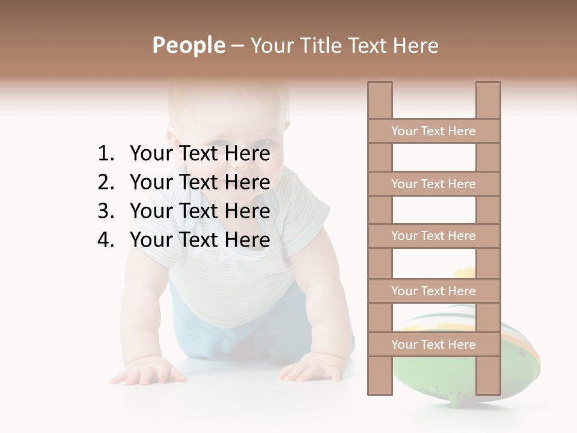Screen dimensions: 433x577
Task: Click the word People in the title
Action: tap(188, 45)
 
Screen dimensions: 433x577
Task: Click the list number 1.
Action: tap(105, 154)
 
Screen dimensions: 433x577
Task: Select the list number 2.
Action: tap(105, 182)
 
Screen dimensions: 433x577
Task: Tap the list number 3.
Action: tap(105, 211)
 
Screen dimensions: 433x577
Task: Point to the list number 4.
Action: tap(105, 240)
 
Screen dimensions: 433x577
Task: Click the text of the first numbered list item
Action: tap(200, 154)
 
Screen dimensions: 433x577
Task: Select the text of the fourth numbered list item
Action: tap(200, 240)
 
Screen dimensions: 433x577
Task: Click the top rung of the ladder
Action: tap(434, 131)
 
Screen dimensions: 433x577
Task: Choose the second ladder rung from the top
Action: tap(434, 184)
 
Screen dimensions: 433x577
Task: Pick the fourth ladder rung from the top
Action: tap(434, 291)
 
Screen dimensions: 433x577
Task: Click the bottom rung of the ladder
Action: tap(434, 345)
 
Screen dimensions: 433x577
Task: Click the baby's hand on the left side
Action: tap(147, 371)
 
